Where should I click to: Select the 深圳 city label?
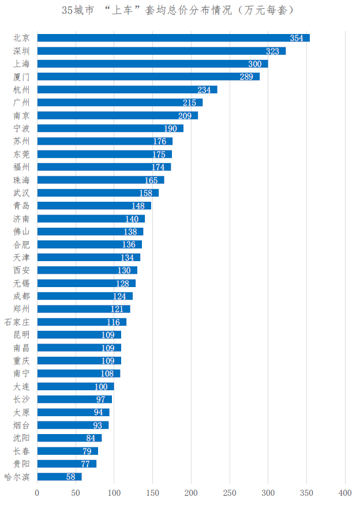point(21,51)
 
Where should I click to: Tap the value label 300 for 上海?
point(254,64)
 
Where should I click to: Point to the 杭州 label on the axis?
point(21,89)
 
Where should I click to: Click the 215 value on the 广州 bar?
point(190,103)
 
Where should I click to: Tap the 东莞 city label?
point(21,154)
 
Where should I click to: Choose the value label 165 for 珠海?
point(151,180)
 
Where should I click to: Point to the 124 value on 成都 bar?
point(119,296)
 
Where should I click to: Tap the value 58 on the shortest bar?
point(70,477)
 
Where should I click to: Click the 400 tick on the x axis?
point(345,493)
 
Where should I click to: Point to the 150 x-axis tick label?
point(152,493)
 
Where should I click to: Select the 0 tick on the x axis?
point(37,493)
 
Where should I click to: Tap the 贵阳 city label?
point(21,463)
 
